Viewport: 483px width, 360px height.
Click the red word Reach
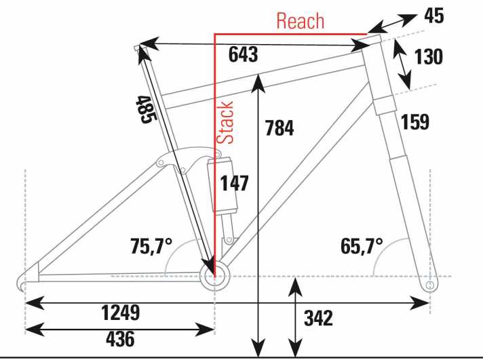point(301,21)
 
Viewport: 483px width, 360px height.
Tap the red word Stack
point(225,123)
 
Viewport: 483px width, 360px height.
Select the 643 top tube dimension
point(243,54)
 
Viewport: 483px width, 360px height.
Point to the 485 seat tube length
point(147,110)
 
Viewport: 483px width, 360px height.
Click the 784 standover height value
point(279,128)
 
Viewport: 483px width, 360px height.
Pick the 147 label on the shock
point(235,184)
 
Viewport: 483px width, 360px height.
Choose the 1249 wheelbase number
point(121,313)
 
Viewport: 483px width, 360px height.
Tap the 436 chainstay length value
point(120,339)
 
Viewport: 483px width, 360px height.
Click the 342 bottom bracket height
point(318,318)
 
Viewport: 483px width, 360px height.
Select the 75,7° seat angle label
point(151,246)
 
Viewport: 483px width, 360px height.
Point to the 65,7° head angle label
point(362,246)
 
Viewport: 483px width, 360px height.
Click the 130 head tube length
point(429,57)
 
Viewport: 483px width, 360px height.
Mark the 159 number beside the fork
point(415,121)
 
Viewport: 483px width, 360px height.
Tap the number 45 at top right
point(434,16)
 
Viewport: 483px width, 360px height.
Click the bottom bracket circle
point(214,276)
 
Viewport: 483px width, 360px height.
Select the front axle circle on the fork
point(430,285)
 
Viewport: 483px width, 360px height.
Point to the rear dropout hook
point(21,283)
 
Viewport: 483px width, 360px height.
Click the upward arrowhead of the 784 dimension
point(258,83)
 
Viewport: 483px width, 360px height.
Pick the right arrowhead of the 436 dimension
point(205,329)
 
